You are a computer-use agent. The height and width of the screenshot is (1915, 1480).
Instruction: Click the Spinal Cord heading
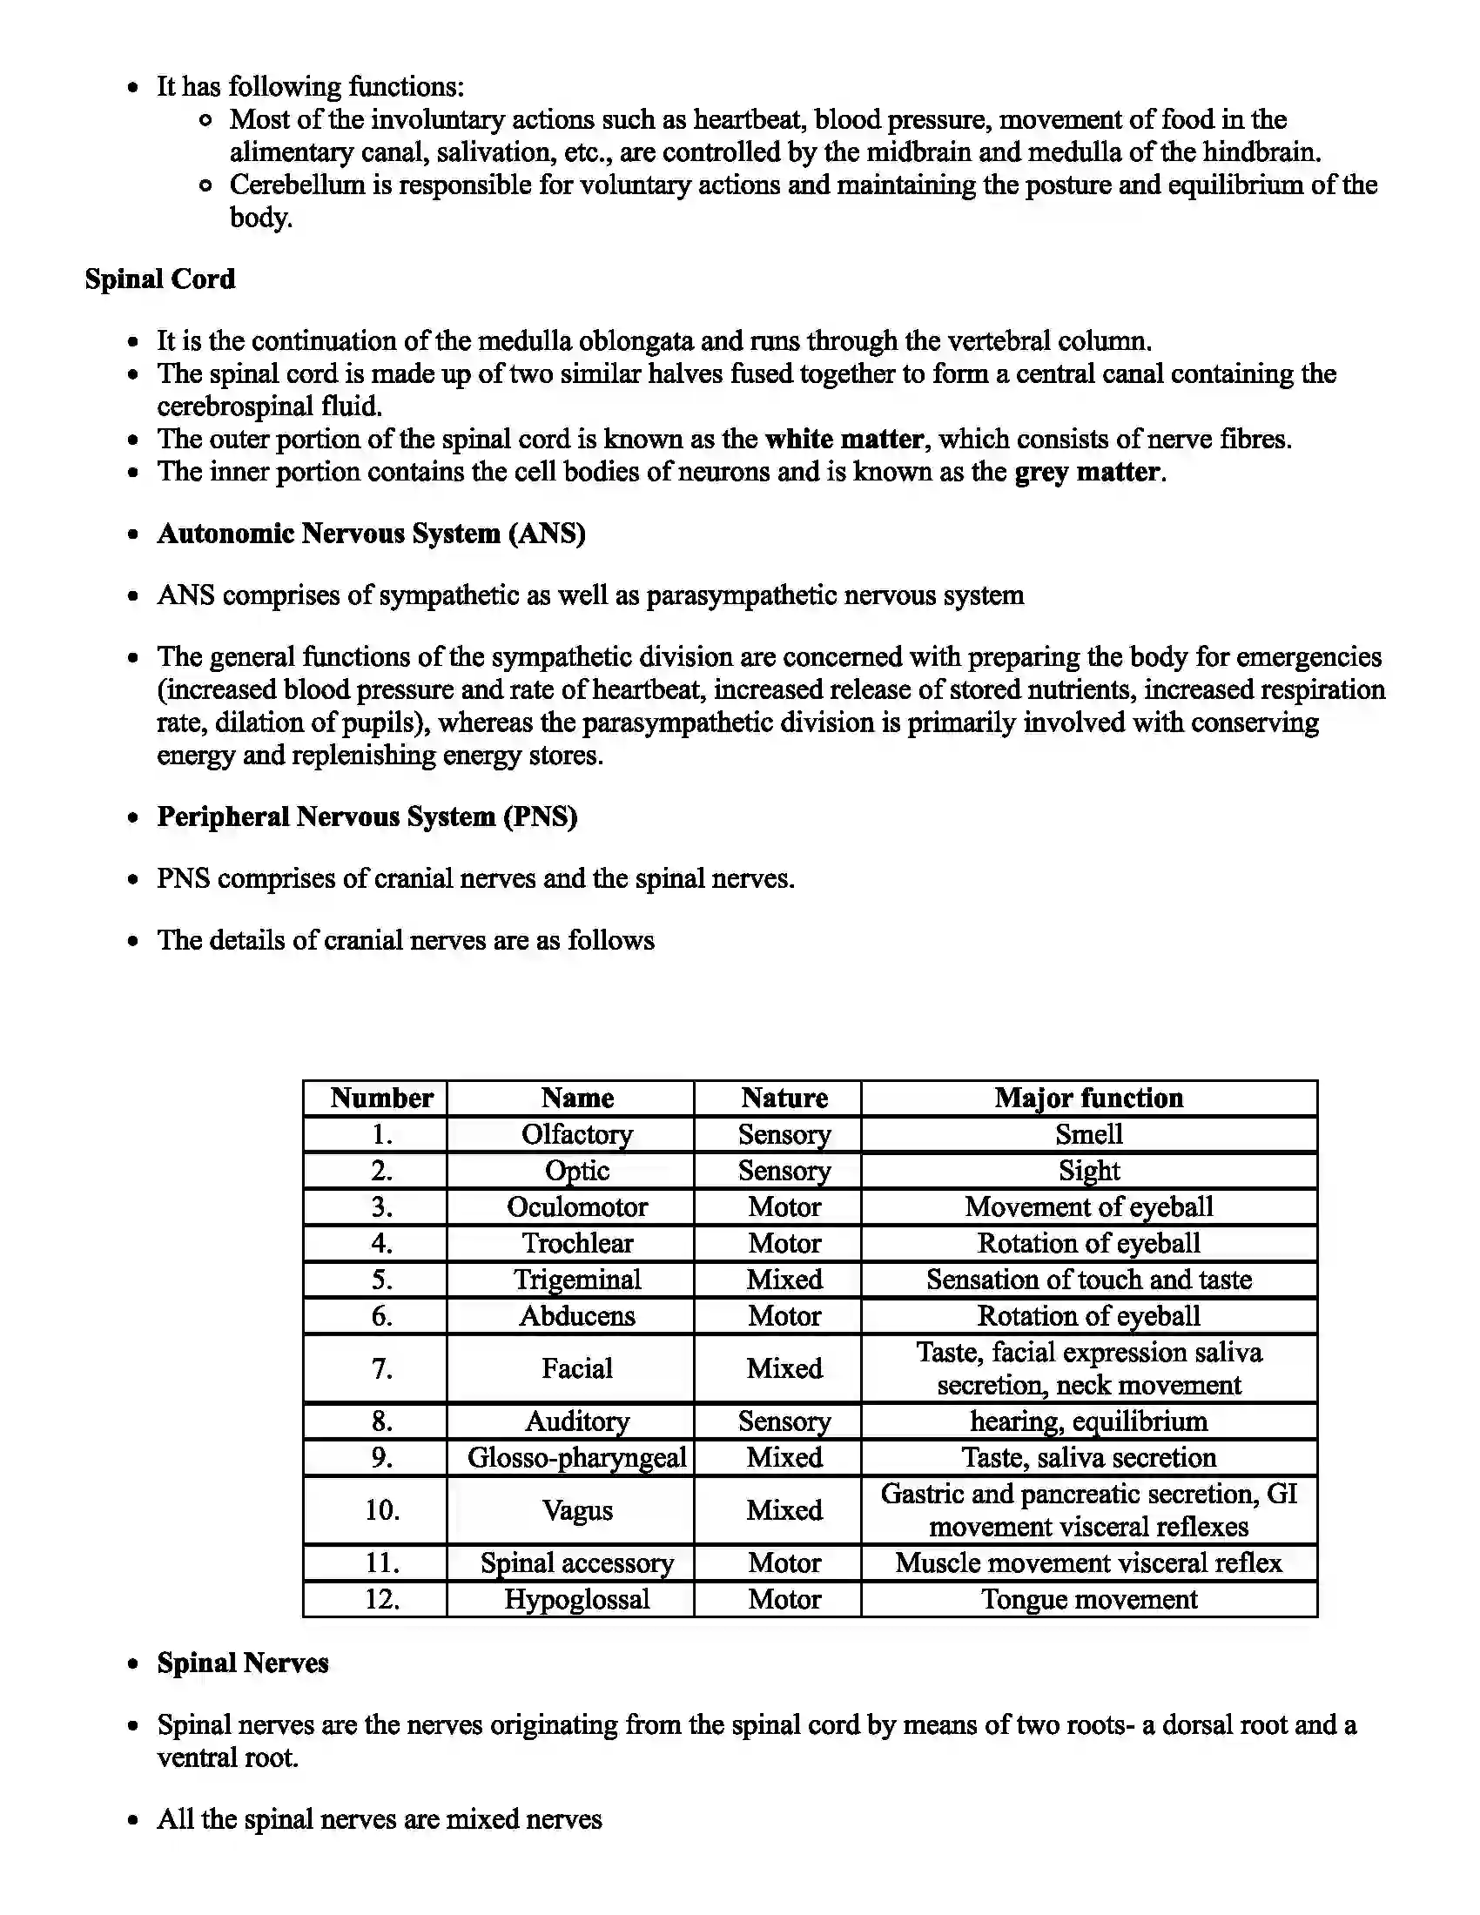[x=159, y=279]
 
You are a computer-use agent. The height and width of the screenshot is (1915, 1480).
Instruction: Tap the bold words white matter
[x=844, y=439]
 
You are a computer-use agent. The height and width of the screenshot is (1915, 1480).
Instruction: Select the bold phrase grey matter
[x=1087, y=472]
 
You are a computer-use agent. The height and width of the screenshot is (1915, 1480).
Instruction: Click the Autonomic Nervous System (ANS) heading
[x=371, y=533]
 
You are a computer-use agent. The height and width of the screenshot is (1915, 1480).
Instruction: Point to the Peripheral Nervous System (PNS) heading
[x=367, y=816]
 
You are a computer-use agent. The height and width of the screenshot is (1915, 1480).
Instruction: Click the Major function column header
[x=1088, y=1098]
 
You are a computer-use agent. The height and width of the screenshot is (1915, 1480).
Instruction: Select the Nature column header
[x=784, y=1098]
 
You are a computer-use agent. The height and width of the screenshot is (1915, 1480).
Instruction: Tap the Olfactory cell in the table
[x=576, y=1134]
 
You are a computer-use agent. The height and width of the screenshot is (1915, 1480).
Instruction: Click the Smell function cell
[x=1088, y=1134]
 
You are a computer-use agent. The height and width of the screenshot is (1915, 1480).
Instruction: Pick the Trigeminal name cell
[x=576, y=1280]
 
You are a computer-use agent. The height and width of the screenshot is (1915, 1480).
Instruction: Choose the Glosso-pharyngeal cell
[x=576, y=1457]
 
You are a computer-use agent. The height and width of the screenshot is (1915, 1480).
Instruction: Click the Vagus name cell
[x=576, y=1510]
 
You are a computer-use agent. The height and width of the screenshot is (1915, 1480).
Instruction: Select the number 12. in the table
[x=381, y=1599]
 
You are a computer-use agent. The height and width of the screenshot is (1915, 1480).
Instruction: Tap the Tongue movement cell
[x=1088, y=1599]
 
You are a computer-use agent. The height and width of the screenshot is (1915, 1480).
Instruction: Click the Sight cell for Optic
[x=1088, y=1171]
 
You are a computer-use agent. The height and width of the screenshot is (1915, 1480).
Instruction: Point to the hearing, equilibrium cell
[x=1088, y=1421]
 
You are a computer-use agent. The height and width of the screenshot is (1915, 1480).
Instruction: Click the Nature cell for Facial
[x=784, y=1367]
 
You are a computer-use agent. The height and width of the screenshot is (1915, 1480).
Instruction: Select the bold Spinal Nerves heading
[x=242, y=1663]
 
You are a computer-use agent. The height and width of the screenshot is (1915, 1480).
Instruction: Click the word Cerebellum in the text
[x=296, y=185]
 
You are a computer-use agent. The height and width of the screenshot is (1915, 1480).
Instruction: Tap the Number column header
[x=381, y=1098]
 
